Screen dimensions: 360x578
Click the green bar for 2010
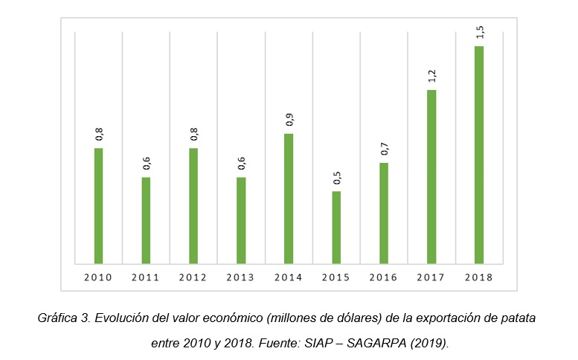coord(99,206)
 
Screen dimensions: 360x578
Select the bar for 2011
coord(147,220)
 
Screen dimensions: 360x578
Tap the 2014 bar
coord(289,199)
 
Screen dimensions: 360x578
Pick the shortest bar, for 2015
coord(336,228)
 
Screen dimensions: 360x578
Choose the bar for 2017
coord(431,177)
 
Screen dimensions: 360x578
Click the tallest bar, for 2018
coord(479,155)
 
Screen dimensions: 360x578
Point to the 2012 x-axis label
coord(193,277)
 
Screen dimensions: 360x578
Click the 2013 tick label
coord(241,277)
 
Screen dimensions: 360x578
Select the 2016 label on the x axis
coord(384,277)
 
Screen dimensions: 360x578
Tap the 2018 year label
coord(479,277)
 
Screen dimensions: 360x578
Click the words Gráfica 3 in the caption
coord(65,318)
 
